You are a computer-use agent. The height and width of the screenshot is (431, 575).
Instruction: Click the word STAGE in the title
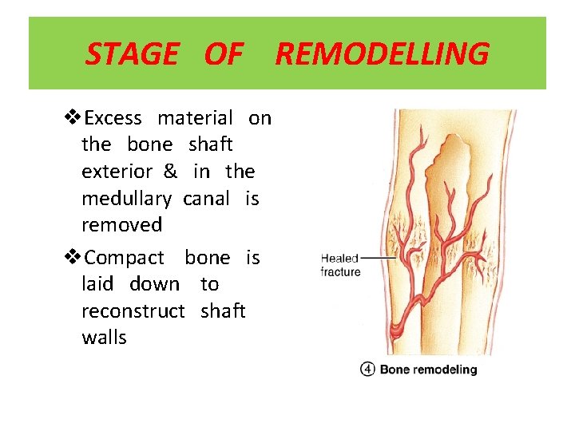click(x=132, y=54)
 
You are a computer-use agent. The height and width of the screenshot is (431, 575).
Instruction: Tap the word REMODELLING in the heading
click(x=382, y=54)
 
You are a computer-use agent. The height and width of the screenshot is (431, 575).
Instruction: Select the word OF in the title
click(x=224, y=54)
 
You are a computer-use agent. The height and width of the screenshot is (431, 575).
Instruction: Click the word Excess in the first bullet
click(x=113, y=119)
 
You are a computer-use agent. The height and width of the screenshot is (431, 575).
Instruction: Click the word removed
click(x=121, y=224)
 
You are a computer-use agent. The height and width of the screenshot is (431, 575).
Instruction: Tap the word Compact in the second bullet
click(x=124, y=258)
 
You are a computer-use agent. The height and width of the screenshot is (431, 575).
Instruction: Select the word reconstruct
click(x=133, y=310)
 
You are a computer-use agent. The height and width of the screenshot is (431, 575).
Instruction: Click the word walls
click(x=104, y=338)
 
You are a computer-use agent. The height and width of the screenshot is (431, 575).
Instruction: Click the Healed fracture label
click(x=340, y=265)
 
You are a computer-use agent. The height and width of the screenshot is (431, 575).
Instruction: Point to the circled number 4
click(x=367, y=370)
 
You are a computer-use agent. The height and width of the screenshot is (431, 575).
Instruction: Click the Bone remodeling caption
click(x=428, y=370)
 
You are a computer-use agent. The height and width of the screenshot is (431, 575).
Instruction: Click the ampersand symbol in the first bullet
click(x=171, y=172)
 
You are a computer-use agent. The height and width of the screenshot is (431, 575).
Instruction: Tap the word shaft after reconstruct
click(x=223, y=310)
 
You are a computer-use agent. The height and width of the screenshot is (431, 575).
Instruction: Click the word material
click(x=195, y=119)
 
